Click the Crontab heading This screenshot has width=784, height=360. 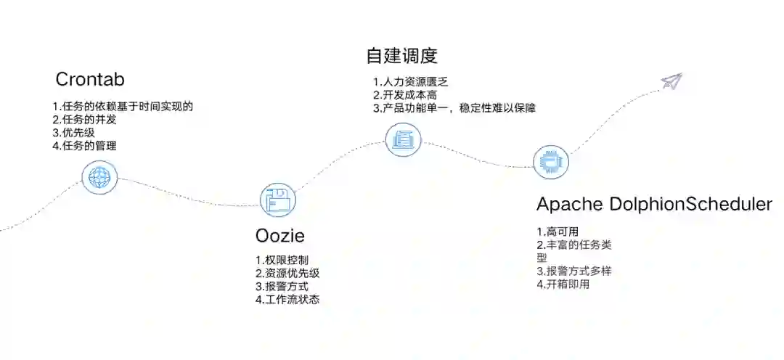click(x=90, y=78)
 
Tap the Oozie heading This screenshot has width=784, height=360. click(x=280, y=236)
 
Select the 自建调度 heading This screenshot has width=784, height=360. click(x=402, y=56)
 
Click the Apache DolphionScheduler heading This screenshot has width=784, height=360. click(x=654, y=205)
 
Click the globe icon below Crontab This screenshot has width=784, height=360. click(x=99, y=176)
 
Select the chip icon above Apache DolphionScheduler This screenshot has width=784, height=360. click(x=551, y=162)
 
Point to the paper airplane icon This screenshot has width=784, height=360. click(x=672, y=81)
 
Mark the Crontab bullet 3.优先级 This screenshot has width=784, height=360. click(x=73, y=133)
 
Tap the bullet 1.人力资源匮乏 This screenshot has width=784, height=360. click(x=411, y=81)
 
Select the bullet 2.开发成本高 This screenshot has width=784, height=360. click(x=405, y=94)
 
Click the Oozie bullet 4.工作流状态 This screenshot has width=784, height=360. click(x=287, y=299)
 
